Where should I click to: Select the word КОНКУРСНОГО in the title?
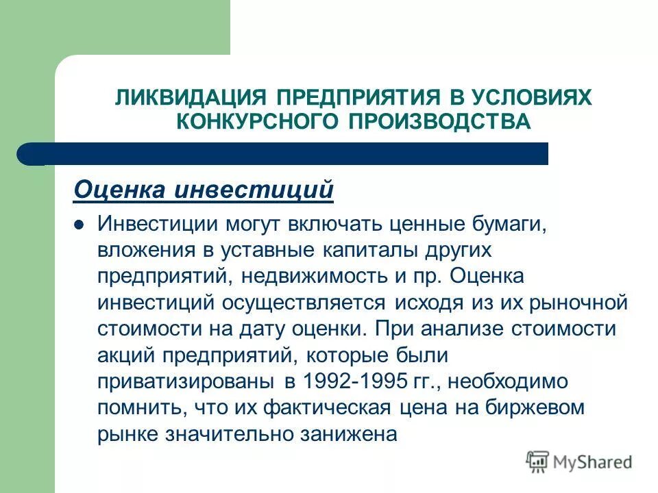pyautogui.click(x=255, y=123)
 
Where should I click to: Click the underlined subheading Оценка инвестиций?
pyautogui.click(x=204, y=190)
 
